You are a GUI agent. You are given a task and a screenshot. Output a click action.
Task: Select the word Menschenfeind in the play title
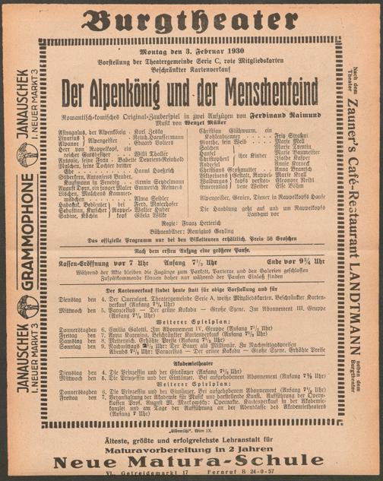[x=254, y=85]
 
